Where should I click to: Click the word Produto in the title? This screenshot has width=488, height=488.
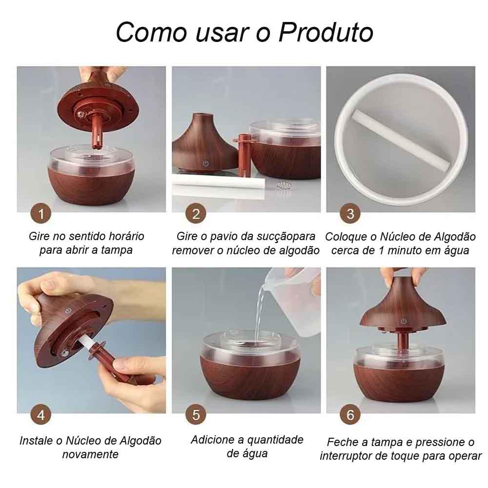pos(326,32)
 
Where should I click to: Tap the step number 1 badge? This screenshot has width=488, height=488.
pos(41,214)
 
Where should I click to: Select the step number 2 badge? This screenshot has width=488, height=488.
pos(196,214)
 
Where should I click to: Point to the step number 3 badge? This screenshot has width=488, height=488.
pos(350,214)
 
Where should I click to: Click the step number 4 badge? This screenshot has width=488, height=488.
pos(41,415)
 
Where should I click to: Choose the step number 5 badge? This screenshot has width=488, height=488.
pos(196,415)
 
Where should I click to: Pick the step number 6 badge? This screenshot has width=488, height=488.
pos(350,415)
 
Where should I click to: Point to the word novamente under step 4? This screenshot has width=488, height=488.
pos(90,454)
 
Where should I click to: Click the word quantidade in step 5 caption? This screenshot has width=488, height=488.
pos(275,440)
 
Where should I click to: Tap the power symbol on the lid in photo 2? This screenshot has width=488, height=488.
pos(206,163)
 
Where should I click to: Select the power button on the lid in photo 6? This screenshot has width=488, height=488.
pos(404,321)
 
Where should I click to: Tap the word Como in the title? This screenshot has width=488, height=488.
pos(151,32)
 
